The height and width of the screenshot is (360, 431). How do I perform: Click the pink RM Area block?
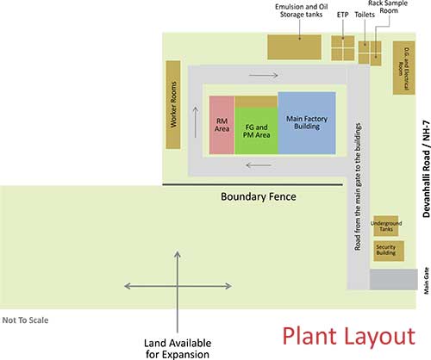coord(222,125)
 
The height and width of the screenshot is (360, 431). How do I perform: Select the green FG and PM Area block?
coord(256,131)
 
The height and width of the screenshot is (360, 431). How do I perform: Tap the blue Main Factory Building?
coord(307,123)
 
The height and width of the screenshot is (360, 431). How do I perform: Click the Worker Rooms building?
coord(173,105)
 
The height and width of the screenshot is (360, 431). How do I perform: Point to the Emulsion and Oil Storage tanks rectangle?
coord(294,47)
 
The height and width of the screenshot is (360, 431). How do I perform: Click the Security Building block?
coord(389,251)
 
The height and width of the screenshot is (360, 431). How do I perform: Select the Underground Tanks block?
coord(386,226)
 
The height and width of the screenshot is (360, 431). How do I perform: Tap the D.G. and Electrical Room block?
coord(403,68)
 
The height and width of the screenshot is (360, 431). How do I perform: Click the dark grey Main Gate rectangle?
coord(393,279)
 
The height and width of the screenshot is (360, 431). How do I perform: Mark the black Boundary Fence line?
coord(253,184)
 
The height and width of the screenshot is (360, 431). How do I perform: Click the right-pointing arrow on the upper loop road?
coord(264,75)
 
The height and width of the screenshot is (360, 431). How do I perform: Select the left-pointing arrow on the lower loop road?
coord(259,165)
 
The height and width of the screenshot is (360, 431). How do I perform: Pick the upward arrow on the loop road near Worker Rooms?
coord(196,122)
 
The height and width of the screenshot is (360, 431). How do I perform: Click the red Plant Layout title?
coord(349,336)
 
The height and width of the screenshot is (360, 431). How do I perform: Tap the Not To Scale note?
coord(25,320)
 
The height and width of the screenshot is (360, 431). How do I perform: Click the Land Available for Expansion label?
coord(178,349)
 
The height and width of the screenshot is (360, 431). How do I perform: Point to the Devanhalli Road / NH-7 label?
coord(427,169)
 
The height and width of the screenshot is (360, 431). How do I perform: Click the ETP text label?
coord(342,15)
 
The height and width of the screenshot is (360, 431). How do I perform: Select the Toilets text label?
coord(365,15)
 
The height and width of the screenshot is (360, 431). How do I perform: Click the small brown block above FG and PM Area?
coord(256,102)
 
